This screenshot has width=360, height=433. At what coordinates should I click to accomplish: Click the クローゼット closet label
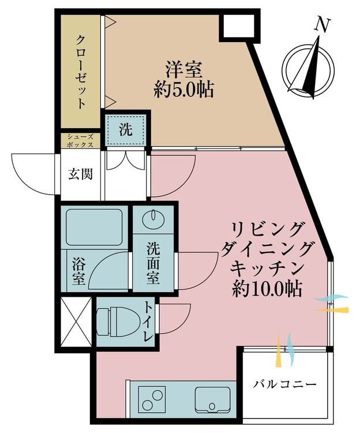pyautogui.click(x=80, y=72)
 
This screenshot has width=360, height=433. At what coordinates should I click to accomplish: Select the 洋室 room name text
pyautogui.click(x=184, y=70)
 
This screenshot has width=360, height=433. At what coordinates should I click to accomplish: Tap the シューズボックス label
pyautogui.click(x=80, y=140)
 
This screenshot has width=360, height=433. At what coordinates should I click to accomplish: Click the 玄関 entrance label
pyautogui.click(x=80, y=174)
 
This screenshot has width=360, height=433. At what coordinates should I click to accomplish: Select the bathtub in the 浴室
pyautogui.click(x=94, y=227)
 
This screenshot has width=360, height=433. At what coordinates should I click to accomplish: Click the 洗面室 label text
pyautogui.click(x=153, y=263)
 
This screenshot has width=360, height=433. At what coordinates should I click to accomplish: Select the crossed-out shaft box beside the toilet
pyautogui.click(x=76, y=322)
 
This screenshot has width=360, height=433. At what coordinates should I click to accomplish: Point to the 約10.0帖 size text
pyautogui.click(x=267, y=289)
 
